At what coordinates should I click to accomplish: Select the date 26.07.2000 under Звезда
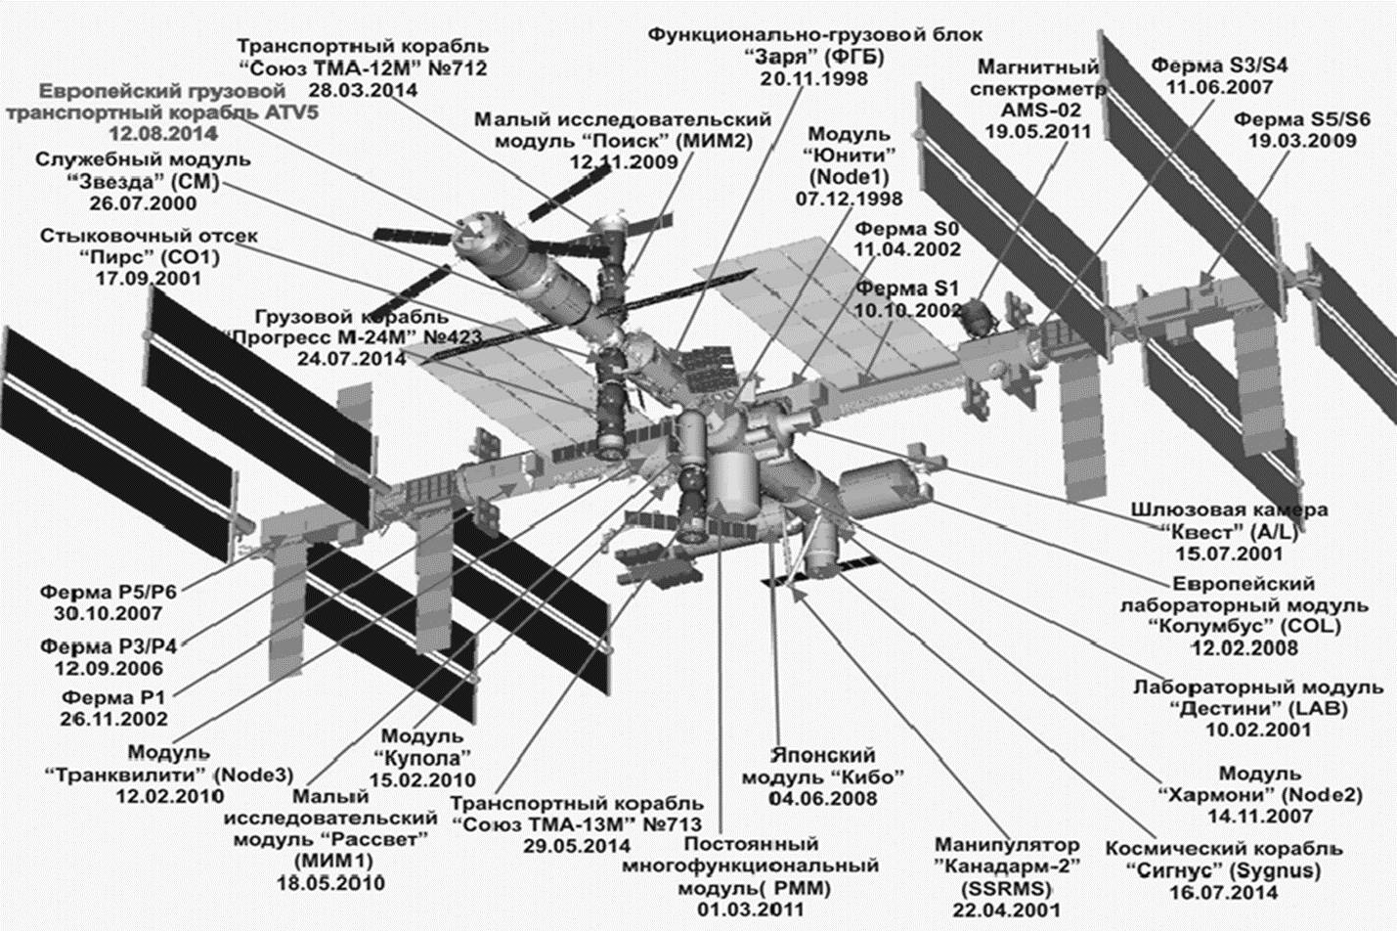tap(143, 203)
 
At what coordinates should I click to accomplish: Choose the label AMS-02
tap(1037, 110)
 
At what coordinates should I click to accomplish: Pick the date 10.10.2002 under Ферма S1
tap(908, 310)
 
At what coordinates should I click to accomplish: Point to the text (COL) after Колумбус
tap(1306, 626)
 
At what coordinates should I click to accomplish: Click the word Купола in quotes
tap(422, 758)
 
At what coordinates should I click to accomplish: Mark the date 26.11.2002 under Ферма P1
tap(114, 719)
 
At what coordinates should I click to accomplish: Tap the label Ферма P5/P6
tap(108, 593)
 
